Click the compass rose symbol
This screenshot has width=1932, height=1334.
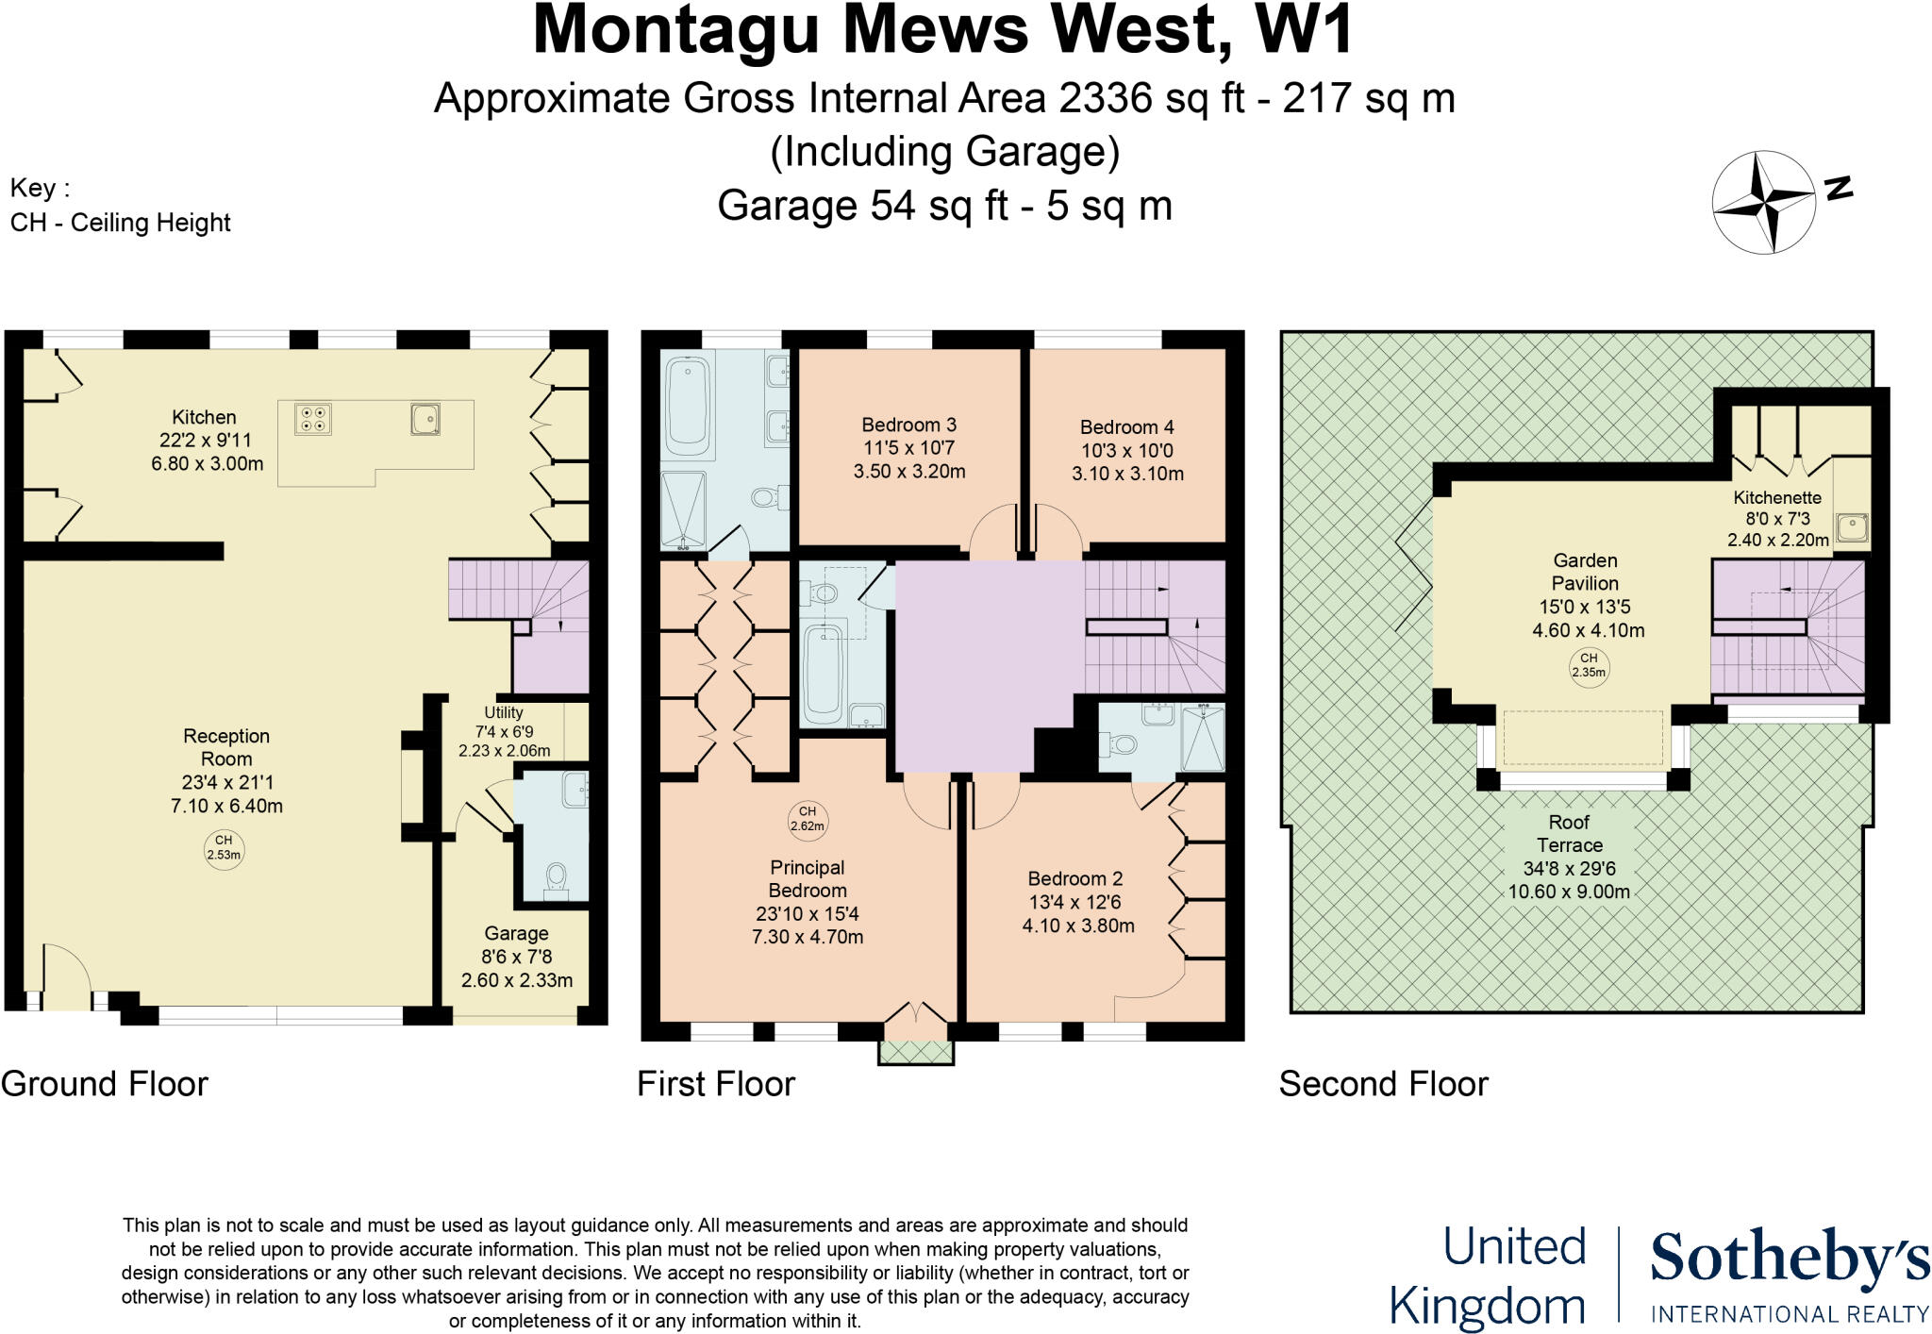pos(1763,201)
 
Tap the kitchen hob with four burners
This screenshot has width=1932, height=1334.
pos(313,418)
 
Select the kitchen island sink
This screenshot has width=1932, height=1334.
pos(425,418)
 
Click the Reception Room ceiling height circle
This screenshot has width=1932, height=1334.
pos(224,847)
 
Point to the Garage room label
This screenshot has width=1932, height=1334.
pos(516,933)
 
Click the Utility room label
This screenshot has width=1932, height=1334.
pos(504,712)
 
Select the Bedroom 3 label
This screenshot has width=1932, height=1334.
pos(908,425)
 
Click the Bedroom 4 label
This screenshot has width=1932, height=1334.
pos(1126,427)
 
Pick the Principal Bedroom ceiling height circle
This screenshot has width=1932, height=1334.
pos(807,818)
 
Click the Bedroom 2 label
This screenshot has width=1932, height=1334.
pos(1074,878)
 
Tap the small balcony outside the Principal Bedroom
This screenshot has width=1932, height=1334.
pos(915,1052)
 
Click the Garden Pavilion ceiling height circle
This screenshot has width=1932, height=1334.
pos(1589,665)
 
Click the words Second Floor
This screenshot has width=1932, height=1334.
pos(1383,1084)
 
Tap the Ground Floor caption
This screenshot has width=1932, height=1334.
pos(105,1084)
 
